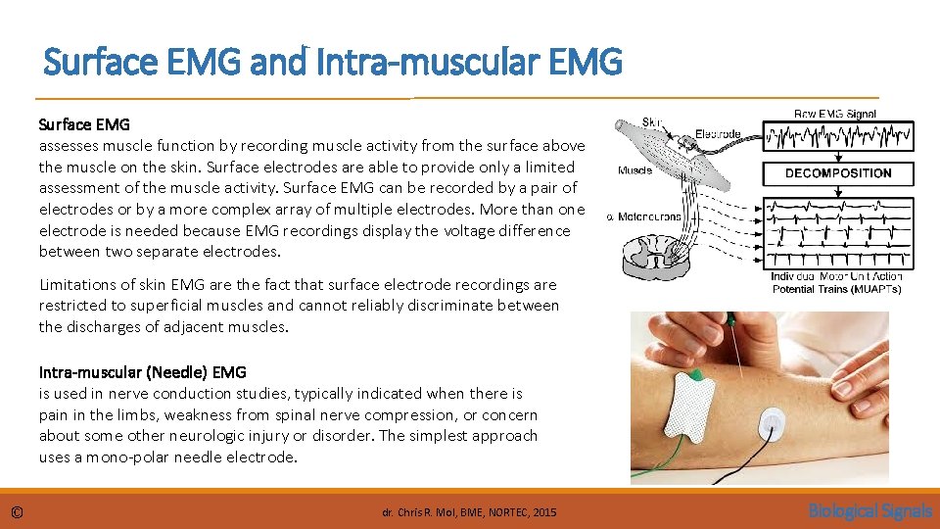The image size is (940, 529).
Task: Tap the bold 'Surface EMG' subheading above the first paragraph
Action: [84, 124]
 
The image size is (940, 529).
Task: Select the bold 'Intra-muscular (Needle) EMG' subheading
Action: [143, 372]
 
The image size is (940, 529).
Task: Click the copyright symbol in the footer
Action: [17, 511]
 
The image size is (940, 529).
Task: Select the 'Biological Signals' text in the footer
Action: [869, 510]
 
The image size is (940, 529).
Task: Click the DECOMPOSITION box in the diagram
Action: [838, 173]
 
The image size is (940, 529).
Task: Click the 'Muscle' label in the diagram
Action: [634, 170]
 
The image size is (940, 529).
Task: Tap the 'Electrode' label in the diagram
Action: [718, 134]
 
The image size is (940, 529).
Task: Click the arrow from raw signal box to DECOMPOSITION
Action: [838, 155]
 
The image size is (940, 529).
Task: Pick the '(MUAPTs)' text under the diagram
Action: [865, 289]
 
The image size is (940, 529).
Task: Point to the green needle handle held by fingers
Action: [728, 320]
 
